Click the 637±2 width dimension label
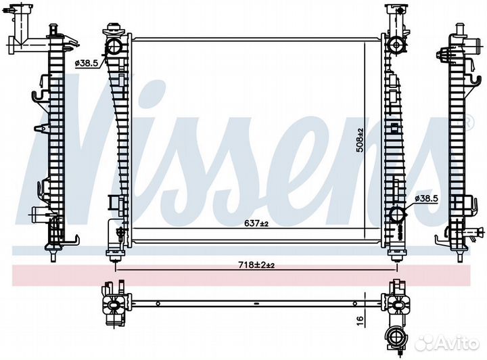256,223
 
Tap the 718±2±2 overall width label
256,265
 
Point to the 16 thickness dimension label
360,319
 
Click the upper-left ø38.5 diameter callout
87,64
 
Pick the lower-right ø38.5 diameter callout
426,198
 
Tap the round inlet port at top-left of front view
114,47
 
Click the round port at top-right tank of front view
396,45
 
